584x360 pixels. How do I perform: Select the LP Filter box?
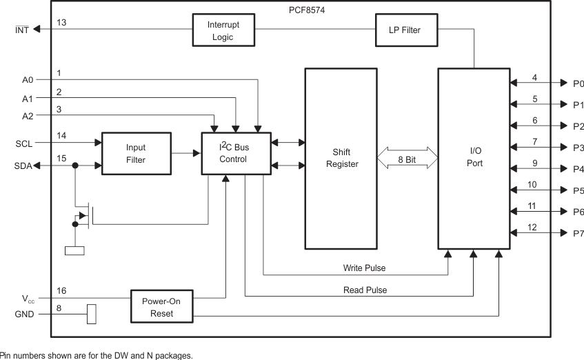point(398,30)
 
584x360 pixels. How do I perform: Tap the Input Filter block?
point(135,153)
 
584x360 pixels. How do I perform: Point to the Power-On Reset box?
point(163,308)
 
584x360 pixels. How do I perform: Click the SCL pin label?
point(23,143)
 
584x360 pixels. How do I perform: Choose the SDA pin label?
point(23,166)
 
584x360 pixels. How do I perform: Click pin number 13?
point(61,22)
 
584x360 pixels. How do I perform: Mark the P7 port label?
point(578,234)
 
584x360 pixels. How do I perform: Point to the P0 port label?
point(578,83)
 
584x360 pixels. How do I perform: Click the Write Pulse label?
point(365,267)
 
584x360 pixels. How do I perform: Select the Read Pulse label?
point(365,290)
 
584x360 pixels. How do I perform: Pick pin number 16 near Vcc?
point(61,291)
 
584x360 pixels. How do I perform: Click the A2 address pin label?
point(27,115)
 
